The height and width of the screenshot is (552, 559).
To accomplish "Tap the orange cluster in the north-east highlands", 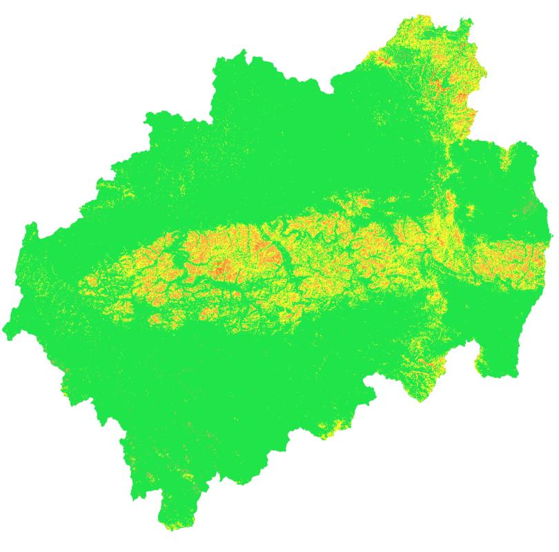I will tap(439, 86).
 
